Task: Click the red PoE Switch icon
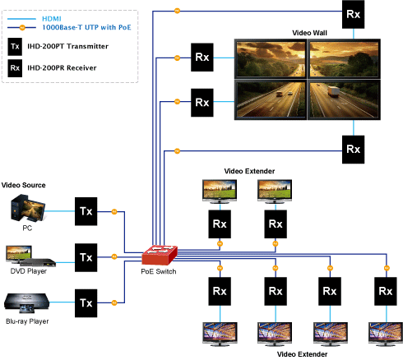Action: (160, 255)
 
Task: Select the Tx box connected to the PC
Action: (86, 211)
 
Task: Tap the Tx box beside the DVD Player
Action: (86, 257)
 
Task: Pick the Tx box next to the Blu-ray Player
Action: (86, 303)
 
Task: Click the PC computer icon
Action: (28, 208)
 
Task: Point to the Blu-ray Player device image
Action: (26, 303)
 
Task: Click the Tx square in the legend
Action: (15, 47)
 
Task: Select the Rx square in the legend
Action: (15, 68)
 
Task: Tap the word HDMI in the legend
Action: (52, 19)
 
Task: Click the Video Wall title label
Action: (309, 33)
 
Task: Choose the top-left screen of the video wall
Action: (271, 59)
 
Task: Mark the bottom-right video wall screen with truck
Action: (344, 99)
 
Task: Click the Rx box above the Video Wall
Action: (353, 14)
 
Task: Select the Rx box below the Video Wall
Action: (353, 150)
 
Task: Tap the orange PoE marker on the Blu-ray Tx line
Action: (114, 302)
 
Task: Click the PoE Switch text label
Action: (159, 271)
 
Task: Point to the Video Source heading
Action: (23, 185)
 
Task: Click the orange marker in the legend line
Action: (22, 27)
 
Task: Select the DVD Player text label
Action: (29, 271)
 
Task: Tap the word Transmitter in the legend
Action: (87, 46)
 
